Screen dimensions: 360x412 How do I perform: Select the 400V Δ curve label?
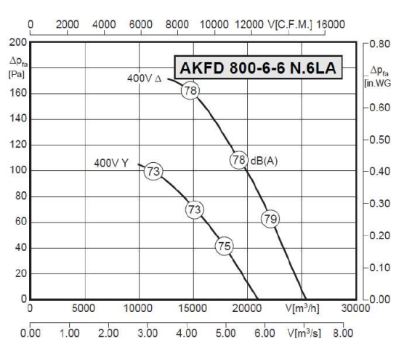pos(143,77)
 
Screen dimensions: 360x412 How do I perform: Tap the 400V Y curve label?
pos(111,163)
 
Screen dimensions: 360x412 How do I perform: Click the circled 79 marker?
pos(270,218)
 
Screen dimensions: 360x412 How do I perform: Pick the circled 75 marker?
pos(225,247)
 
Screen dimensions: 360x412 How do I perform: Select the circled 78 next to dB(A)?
pos(238,161)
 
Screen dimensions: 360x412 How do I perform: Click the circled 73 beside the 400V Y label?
pos(153,172)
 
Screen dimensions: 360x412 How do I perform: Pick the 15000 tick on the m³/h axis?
pos(193,308)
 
